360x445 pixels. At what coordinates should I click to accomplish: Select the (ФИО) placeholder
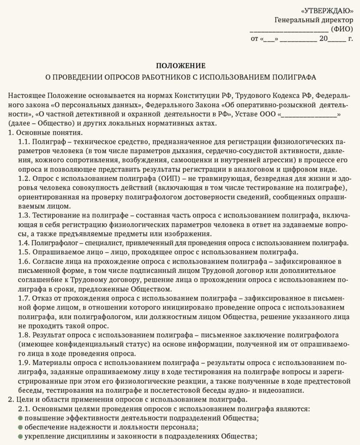[x=342, y=29]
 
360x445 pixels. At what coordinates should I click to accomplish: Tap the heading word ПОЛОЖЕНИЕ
[x=180, y=66]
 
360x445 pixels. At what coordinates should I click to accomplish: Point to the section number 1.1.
[x=24, y=142]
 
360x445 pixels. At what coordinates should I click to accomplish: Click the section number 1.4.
[x=24, y=242]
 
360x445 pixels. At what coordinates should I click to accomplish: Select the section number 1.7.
[x=24, y=299]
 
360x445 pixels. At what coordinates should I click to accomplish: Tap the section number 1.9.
[x=24, y=362]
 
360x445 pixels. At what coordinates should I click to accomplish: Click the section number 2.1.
[x=24, y=409]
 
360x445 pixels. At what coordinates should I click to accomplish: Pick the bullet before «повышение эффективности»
[x=20, y=418]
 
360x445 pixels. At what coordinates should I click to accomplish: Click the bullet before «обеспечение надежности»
[x=20, y=427]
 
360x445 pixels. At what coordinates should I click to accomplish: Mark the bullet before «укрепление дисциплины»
[x=20, y=436]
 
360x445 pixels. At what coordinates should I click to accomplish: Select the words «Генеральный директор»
[x=314, y=20]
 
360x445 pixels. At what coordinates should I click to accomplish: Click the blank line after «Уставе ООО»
[x=309, y=115]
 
